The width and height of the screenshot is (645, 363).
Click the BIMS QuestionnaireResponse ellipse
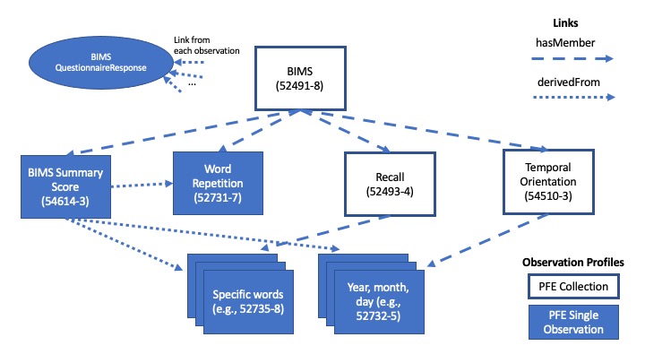97,62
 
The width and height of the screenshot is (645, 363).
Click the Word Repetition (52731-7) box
219,178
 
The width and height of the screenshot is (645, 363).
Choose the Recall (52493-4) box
391,178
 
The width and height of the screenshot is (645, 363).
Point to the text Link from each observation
207,44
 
